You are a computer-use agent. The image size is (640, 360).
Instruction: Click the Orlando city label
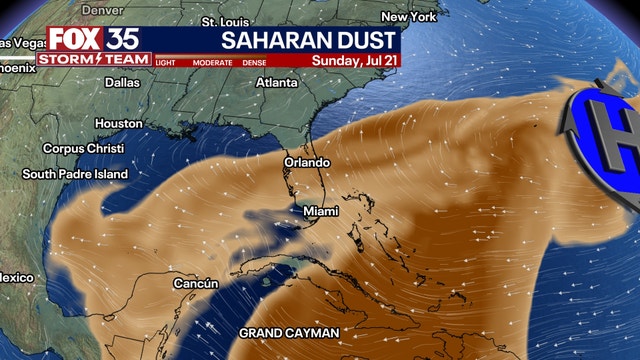(306, 162)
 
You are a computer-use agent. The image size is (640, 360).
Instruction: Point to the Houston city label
(118, 123)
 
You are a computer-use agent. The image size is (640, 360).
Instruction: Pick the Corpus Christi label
(82, 148)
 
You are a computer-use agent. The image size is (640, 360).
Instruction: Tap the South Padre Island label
(76, 174)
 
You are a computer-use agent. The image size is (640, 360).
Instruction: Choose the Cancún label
(195, 283)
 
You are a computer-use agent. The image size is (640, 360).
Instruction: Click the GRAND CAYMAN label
(289, 332)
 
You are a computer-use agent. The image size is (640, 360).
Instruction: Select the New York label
(408, 17)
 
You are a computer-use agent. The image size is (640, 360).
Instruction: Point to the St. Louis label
(222, 21)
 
